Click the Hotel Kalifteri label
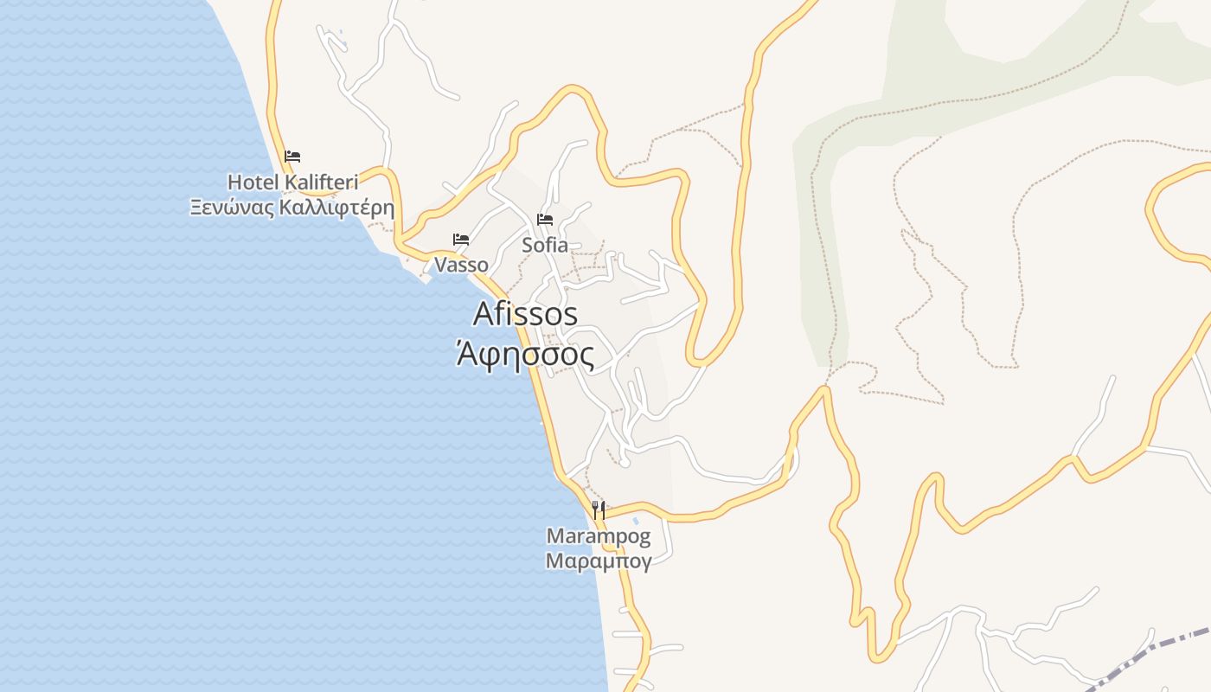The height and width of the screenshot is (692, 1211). click(292, 182)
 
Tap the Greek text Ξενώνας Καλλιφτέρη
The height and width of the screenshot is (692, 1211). click(292, 208)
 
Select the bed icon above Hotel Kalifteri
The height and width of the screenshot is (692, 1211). click(292, 157)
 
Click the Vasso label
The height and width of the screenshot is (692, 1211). click(461, 265)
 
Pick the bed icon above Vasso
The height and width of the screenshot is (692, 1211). click(461, 239)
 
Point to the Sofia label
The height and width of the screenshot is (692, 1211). click(545, 245)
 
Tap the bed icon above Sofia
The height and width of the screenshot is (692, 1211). click(545, 219)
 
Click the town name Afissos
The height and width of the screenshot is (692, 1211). click(526, 314)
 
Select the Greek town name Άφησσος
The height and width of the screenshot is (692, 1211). click(526, 354)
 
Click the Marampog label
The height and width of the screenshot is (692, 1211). click(599, 536)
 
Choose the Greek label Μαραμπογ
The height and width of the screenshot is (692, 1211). click(599, 561)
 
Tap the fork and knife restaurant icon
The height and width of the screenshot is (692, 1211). click(599, 509)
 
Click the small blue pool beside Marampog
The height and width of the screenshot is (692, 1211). click(637, 522)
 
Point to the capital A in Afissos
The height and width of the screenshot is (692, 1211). click(484, 314)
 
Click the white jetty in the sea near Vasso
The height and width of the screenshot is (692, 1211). click(426, 279)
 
